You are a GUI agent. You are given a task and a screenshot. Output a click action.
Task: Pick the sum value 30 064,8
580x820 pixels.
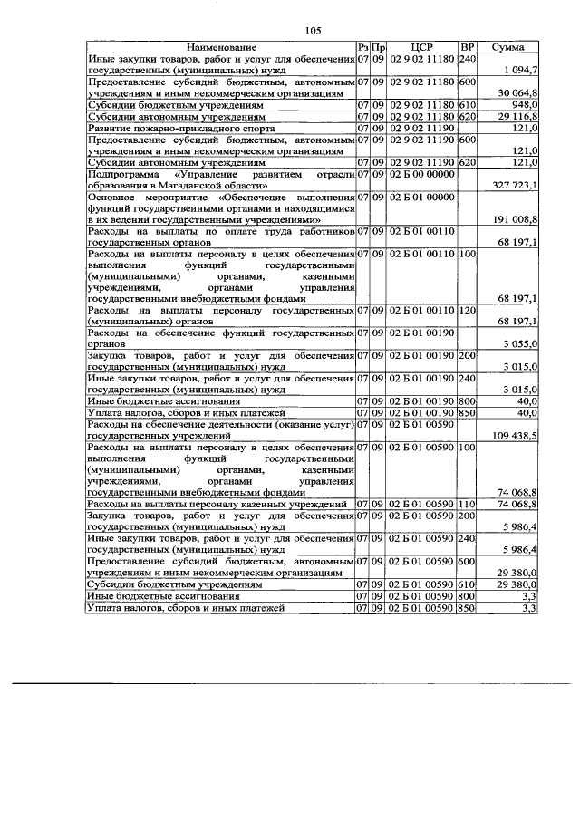(517, 93)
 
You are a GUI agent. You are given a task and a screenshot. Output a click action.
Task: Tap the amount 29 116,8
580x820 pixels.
(517, 117)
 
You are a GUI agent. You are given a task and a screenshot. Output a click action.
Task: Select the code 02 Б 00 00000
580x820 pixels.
(423, 173)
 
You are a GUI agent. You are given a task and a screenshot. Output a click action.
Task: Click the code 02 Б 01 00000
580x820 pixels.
(423, 197)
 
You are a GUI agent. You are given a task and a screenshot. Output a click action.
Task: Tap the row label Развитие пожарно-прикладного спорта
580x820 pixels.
(168, 129)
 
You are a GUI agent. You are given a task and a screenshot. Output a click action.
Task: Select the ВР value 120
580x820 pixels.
(468, 311)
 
